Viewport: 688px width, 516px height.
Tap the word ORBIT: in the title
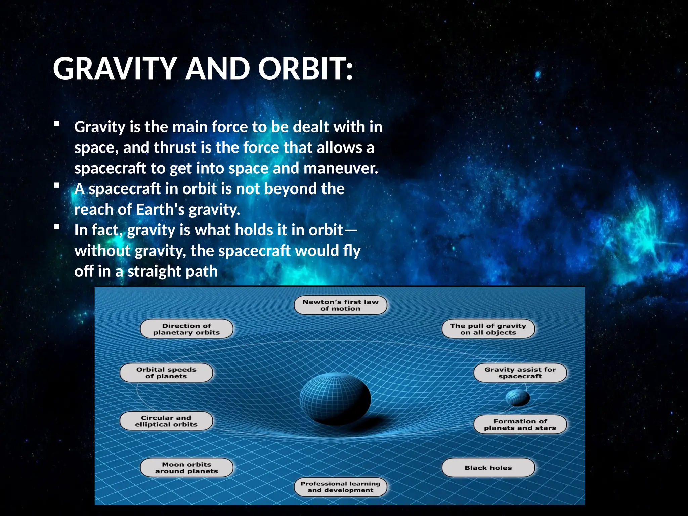click(306, 69)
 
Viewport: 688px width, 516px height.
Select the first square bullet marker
click(57, 124)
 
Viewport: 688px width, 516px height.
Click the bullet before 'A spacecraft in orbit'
click(57, 185)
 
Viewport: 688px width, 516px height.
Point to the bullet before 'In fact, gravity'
click(57, 227)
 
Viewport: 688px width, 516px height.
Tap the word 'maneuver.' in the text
click(341, 168)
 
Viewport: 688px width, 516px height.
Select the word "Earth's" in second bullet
click(160, 210)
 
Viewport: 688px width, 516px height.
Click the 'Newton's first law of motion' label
click(340, 305)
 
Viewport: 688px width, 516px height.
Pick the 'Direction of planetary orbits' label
click(186, 329)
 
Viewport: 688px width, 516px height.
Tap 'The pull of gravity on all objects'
click(488, 329)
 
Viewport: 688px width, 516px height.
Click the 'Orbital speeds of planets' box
click(166, 373)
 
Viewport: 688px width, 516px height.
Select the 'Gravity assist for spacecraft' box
click(520, 373)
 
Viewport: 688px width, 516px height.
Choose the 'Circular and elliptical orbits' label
click(166, 421)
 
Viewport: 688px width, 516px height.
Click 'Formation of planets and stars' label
click(520, 424)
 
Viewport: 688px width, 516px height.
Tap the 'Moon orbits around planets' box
click(186, 468)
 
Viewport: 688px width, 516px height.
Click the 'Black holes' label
click(488, 468)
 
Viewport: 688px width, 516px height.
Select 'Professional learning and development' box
click(340, 487)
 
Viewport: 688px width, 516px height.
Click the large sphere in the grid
click(335, 398)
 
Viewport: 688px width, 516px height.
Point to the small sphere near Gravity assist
click(517, 398)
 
